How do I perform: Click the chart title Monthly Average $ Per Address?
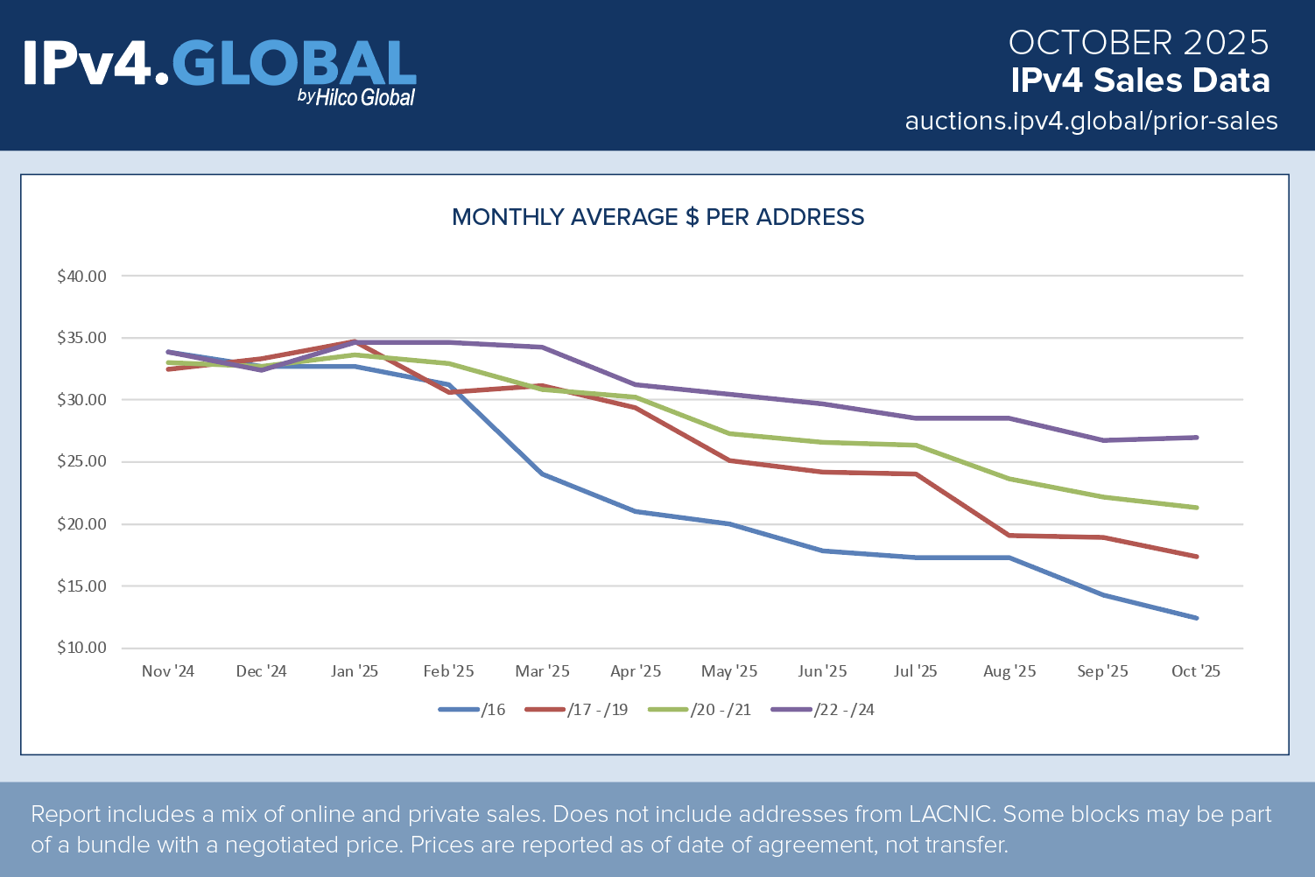pos(657,217)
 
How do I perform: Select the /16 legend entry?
pos(473,710)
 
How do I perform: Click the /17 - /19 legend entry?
pos(577,710)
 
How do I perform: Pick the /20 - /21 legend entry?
pos(700,710)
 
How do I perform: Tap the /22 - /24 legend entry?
pos(823,710)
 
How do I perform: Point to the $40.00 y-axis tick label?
pos(81,277)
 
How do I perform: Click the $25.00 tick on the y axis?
pos(81,462)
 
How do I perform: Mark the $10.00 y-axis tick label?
pos(81,649)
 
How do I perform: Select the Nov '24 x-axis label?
pos(168,671)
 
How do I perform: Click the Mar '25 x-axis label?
pos(542,671)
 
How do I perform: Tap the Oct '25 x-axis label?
pos(1196,671)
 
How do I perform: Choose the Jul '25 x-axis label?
pos(916,671)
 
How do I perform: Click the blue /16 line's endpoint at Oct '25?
pos(1196,618)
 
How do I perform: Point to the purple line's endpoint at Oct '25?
pos(1196,438)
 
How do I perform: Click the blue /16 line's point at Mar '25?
pos(542,474)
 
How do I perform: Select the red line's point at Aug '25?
pos(1009,536)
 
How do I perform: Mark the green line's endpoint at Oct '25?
pos(1196,508)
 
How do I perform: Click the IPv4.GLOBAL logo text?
pos(219,65)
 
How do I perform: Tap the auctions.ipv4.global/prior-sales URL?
pos(1091,121)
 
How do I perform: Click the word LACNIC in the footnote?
pos(951,815)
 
